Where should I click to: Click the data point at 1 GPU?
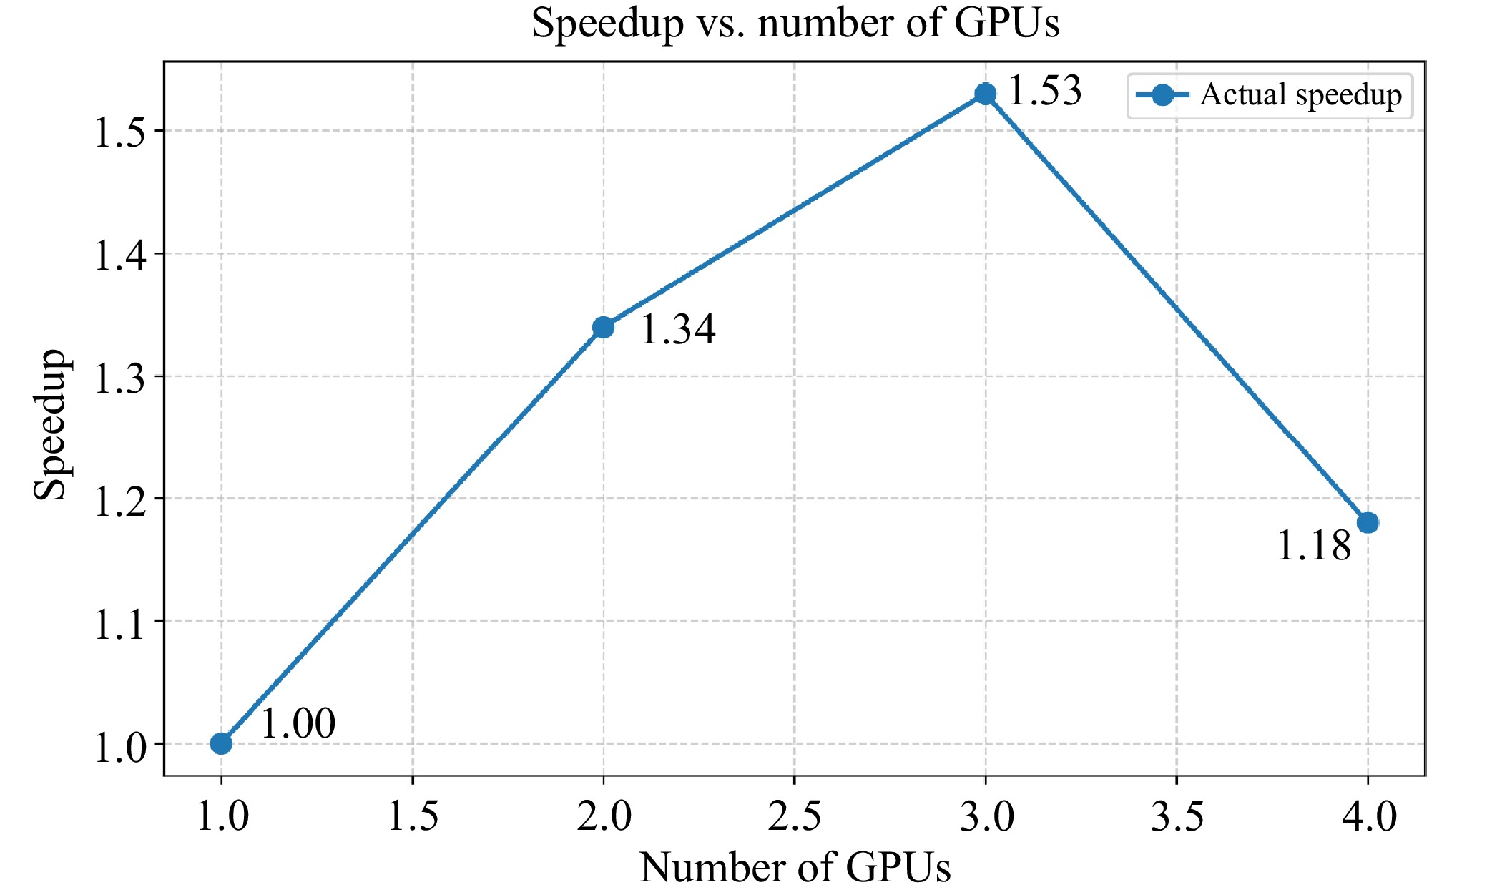tap(221, 743)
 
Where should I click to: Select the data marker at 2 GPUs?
tap(603, 327)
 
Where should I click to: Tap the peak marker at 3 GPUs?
tap(986, 94)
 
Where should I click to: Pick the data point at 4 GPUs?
tap(1368, 522)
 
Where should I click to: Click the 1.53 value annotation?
tap(1044, 92)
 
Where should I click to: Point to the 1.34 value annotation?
tap(677, 330)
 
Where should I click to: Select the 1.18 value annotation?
tap(1313, 546)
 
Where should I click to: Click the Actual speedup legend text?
tap(1300, 95)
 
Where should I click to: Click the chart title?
tap(795, 23)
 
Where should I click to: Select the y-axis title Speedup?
tap(50, 424)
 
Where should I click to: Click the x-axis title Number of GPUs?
tap(795, 867)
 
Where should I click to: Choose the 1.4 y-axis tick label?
tap(119, 255)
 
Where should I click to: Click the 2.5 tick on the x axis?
tap(795, 816)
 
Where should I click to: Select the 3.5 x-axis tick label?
tap(1177, 816)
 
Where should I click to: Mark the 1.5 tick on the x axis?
tap(413, 816)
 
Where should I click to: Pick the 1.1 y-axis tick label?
tap(119, 622)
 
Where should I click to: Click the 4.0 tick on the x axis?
tap(1368, 816)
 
